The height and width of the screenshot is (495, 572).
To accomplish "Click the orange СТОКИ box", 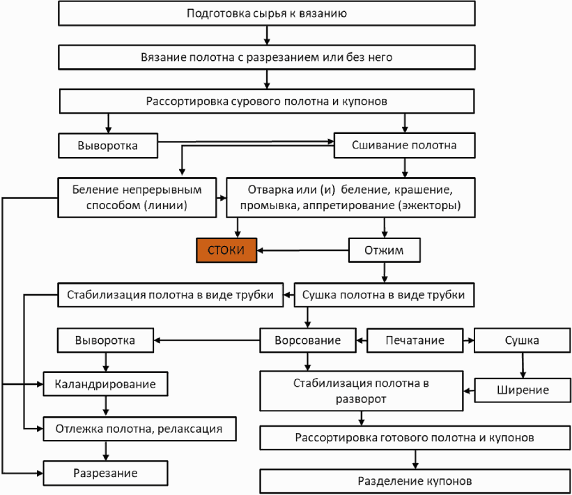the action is coord(226,250).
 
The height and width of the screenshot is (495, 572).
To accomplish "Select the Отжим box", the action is coord(385,250).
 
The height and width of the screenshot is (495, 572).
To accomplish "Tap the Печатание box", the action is coord(415,340).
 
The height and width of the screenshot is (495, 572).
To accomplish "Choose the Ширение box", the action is coord(523,390).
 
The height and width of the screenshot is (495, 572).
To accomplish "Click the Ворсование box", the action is coord(307,340).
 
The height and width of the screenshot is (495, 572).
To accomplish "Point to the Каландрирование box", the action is coord(105,383).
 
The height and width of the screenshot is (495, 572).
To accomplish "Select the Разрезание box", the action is coord(105,473).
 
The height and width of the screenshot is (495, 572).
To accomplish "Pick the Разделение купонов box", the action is coord(415,481).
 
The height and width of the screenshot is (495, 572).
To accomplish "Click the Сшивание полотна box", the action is coord(404,145).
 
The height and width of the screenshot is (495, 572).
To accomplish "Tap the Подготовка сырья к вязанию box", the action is coord(267,13).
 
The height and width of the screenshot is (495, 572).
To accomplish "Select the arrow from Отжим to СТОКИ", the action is coord(302,250).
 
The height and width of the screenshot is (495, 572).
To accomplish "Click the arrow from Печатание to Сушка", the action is coord(469,340).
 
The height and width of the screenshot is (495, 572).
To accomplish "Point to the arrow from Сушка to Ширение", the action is coord(523,365).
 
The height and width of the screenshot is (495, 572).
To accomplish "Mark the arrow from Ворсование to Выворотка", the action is coord(206,340).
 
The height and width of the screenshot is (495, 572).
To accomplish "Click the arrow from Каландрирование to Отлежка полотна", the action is coord(106,406).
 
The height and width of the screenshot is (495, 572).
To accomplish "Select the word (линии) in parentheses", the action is coord(166,205).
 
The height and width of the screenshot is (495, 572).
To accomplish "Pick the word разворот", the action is coord(361,399).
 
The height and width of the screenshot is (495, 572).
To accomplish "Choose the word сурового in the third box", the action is coord(256,101).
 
